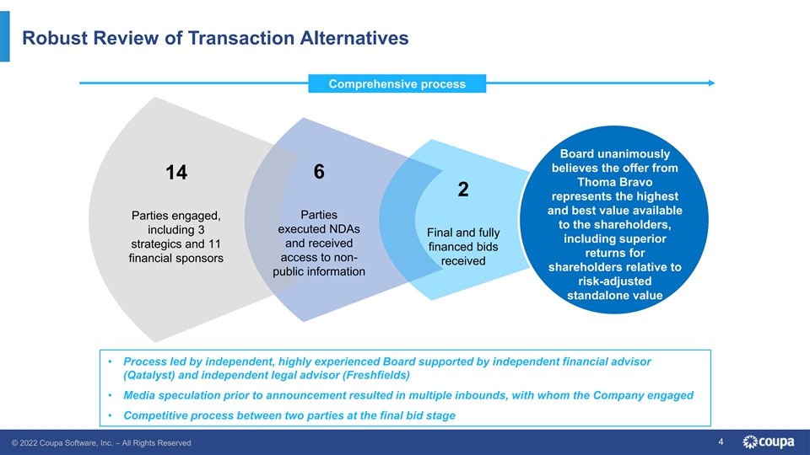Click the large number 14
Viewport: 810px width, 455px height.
(176, 173)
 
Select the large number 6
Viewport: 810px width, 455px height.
(319, 171)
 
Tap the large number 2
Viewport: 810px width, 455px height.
(462, 190)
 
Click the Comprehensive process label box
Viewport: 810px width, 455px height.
(397, 84)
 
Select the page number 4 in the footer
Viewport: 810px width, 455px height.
(721, 442)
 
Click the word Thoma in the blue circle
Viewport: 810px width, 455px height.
(598, 181)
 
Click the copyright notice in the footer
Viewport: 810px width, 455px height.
(100, 442)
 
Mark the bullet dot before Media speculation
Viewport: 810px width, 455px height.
(111, 395)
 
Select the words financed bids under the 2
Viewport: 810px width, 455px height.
(463, 247)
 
